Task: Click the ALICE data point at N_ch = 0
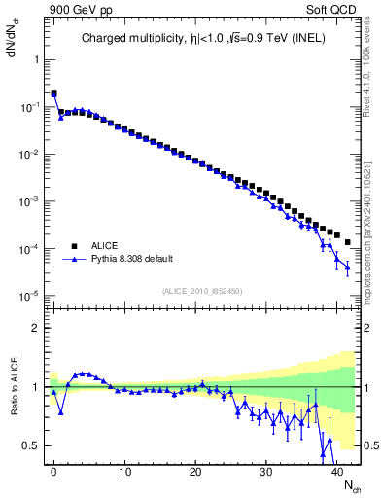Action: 53,94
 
